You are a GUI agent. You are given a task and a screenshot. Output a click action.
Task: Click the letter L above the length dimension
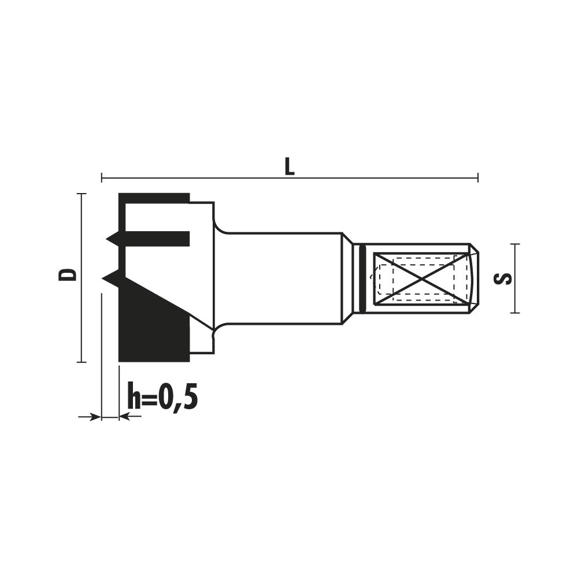click(x=290, y=167)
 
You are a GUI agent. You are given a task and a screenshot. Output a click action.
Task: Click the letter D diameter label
click(x=68, y=275)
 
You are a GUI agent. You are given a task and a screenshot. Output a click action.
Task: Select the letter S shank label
click(x=503, y=279)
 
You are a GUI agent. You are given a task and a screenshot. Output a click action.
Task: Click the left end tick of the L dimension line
click(x=102, y=177)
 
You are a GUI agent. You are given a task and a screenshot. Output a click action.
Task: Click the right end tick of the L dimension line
click(x=478, y=177)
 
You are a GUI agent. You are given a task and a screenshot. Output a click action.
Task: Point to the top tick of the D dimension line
click(x=81, y=194)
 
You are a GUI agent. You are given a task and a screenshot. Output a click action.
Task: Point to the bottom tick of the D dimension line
click(x=81, y=362)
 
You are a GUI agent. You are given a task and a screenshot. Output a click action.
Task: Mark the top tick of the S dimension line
click(x=515, y=244)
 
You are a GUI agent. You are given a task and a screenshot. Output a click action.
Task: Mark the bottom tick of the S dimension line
click(x=515, y=313)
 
